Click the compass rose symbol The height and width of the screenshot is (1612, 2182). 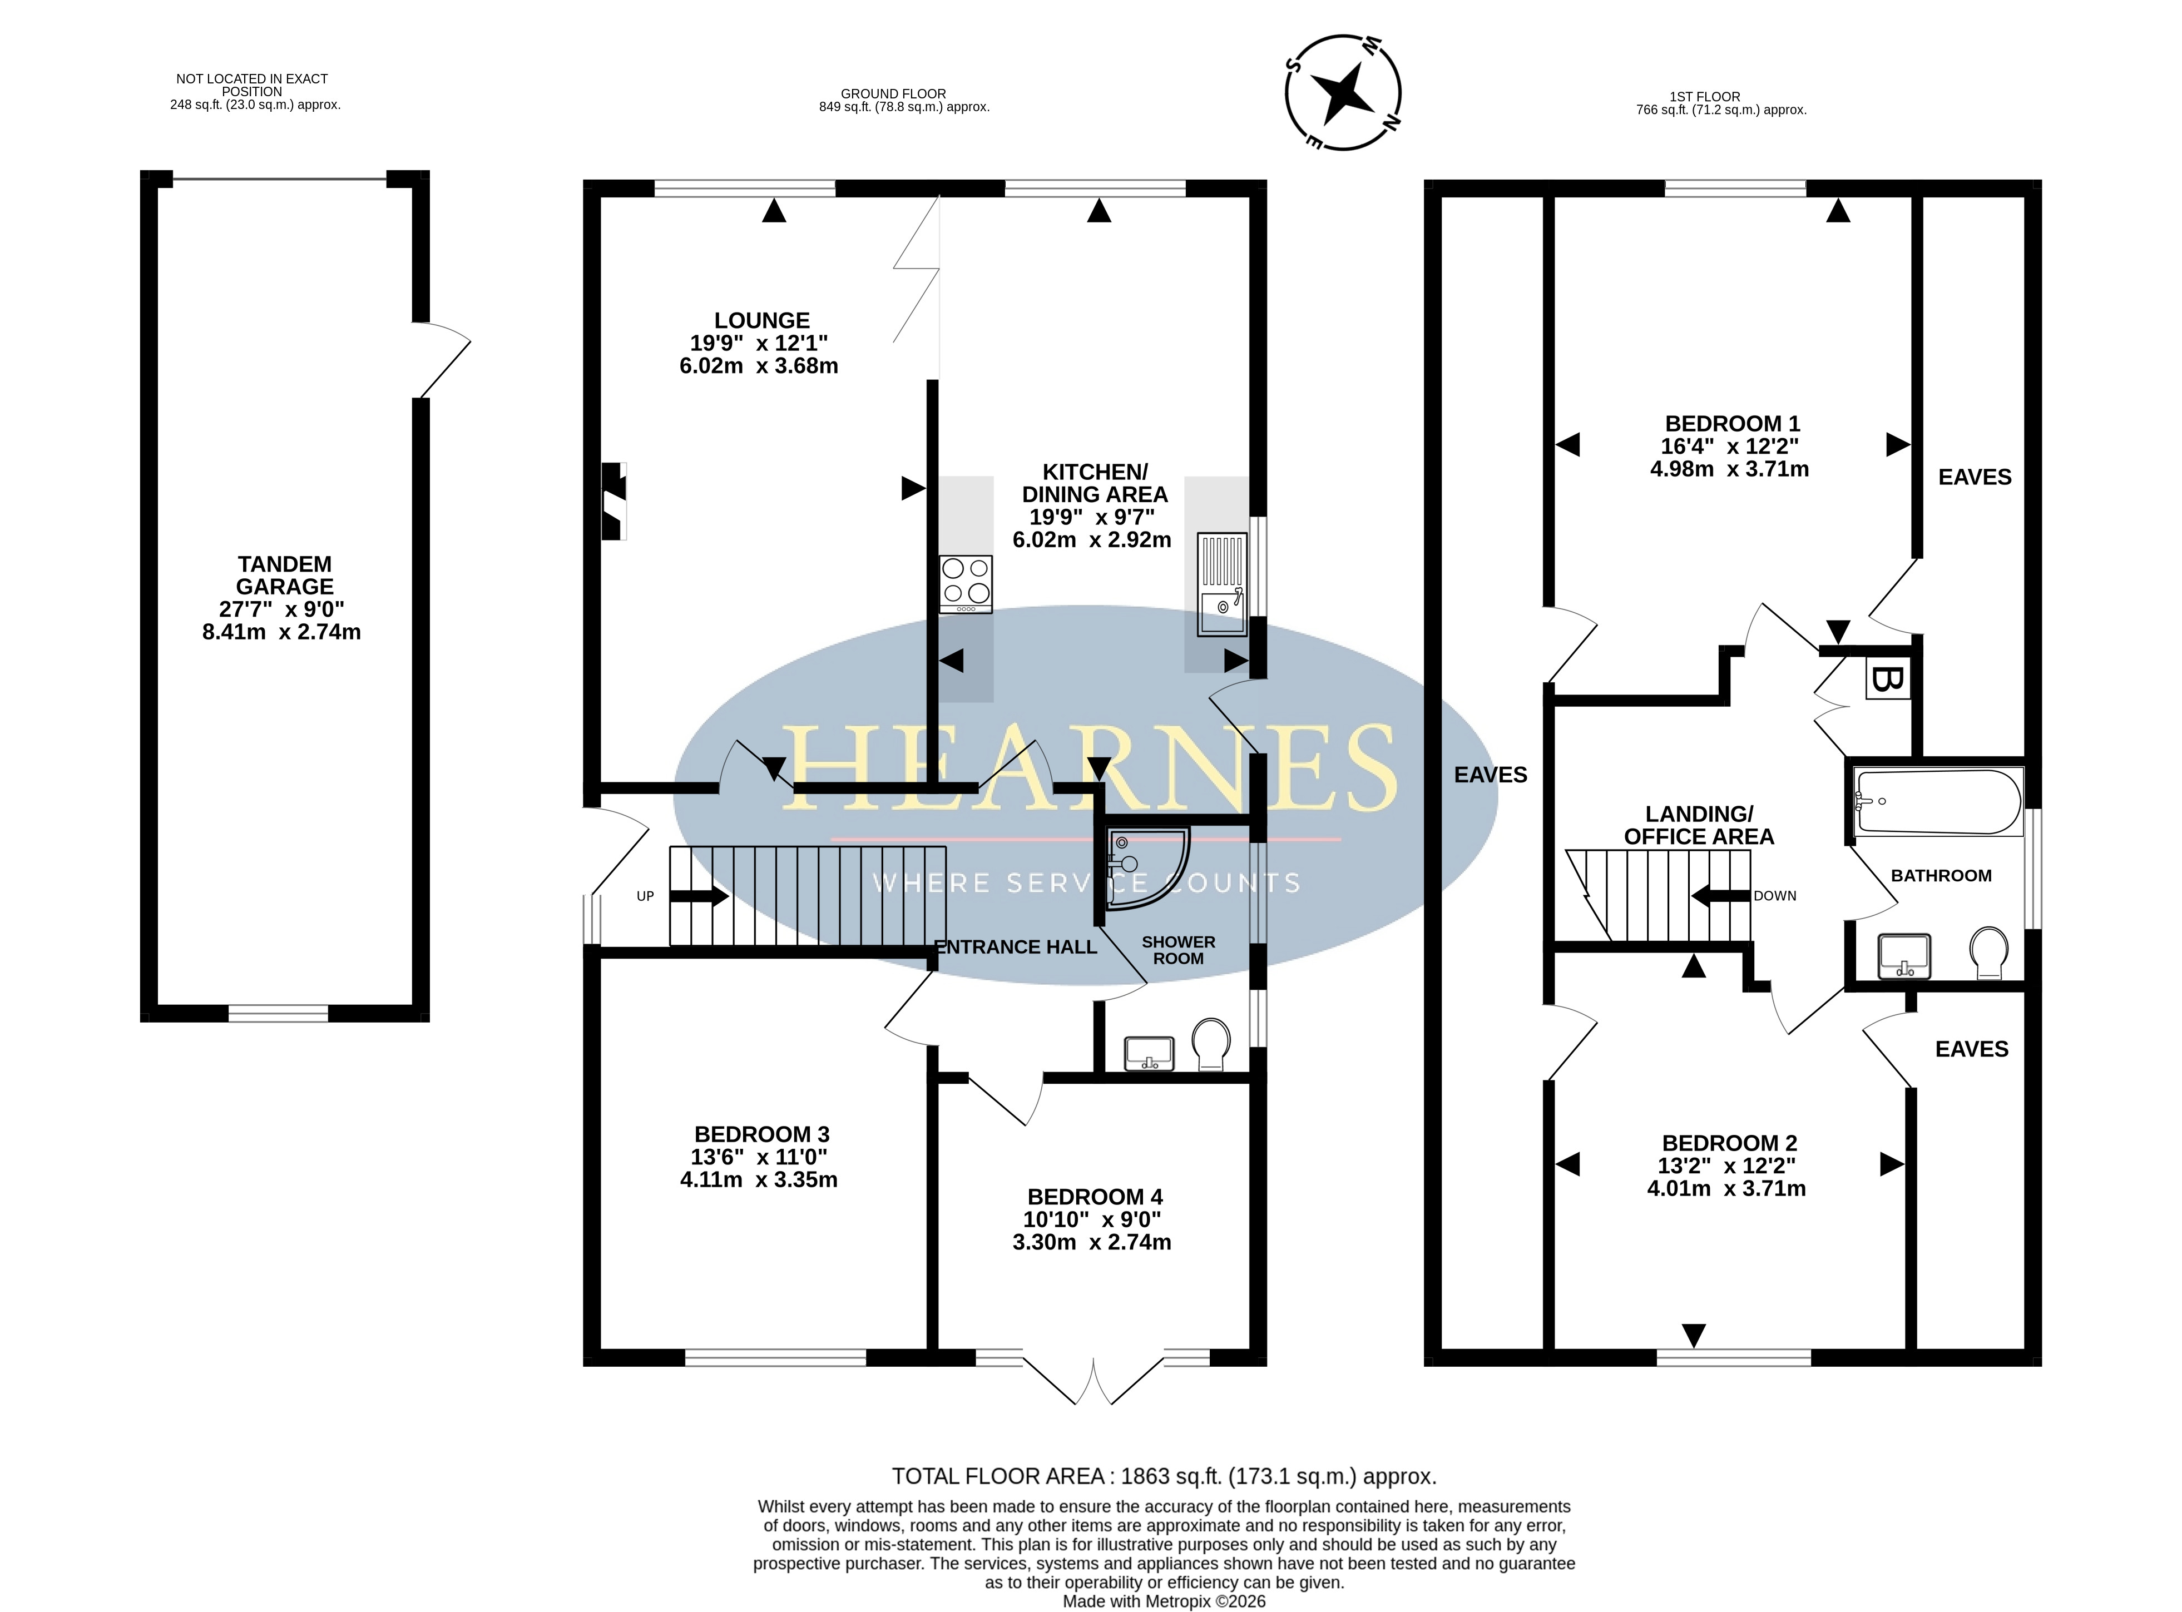click(1343, 93)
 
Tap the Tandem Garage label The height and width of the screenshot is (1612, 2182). click(284, 576)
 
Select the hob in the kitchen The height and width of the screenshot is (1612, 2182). click(965, 583)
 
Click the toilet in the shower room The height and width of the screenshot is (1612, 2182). click(1210, 1045)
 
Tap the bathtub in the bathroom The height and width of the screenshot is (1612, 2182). click(1938, 802)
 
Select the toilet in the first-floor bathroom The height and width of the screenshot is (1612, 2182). click(1988, 953)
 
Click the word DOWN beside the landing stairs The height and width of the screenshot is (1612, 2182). click(1774, 896)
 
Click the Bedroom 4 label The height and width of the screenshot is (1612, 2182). click(1095, 1196)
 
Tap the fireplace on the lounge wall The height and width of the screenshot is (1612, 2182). click(614, 500)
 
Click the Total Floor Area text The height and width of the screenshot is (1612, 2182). click(1164, 1476)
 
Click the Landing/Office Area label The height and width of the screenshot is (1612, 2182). click(1699, 826)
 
